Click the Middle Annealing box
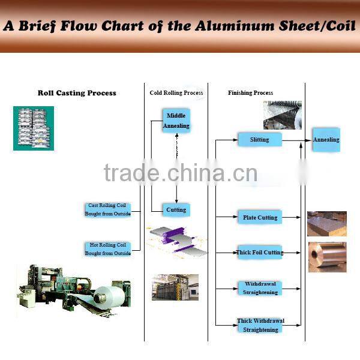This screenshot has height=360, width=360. [176, 121]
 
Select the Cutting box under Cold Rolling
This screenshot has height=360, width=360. [176, 209]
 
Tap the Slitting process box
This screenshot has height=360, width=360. [259, 140]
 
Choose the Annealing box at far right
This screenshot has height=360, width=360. [326, 140]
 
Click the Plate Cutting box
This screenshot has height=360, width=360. [260, 217]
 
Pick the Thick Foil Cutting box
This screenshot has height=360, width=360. [260, 253]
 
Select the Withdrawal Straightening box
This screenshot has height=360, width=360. [260, 287]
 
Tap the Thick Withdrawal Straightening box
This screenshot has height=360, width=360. [260, 325]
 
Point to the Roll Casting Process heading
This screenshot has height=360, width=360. [77, 93]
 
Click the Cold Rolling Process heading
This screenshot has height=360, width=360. [176, 93]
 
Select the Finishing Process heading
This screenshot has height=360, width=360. [250, 93]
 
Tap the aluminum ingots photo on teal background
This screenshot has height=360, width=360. [34, 128]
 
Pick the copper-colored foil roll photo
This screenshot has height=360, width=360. [327, 257]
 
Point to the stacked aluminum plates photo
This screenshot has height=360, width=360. [327, 224]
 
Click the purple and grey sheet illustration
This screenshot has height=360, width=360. [178, 239]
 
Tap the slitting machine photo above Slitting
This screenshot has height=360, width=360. [282, 115]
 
